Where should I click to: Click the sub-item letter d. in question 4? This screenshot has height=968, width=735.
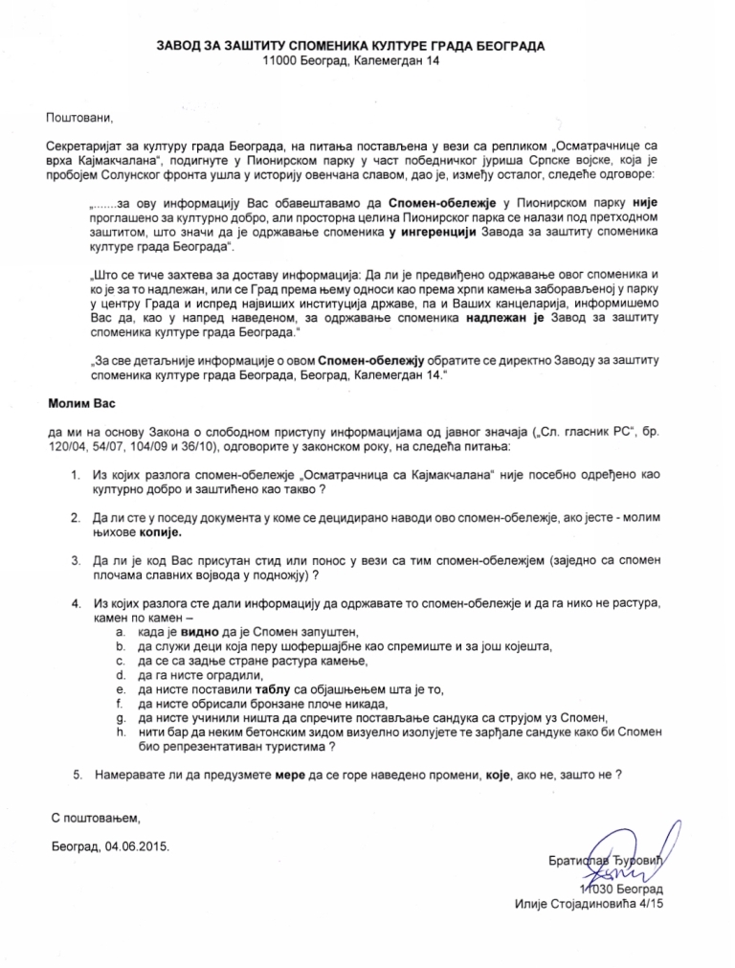[119, 674]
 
